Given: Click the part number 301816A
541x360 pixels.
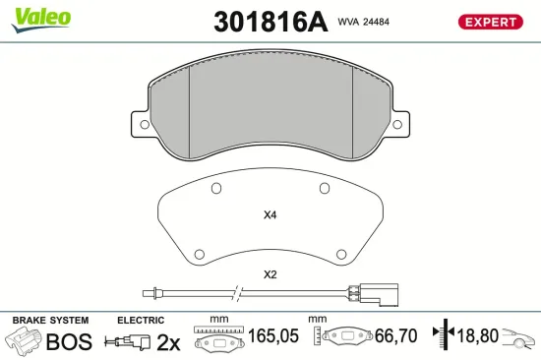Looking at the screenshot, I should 270,22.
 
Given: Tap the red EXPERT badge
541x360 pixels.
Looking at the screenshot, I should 490,22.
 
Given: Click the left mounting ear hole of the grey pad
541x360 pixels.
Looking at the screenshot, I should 145,125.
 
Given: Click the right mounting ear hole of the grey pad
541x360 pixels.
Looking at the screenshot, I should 396,125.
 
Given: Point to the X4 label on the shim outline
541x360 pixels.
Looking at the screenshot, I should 270,215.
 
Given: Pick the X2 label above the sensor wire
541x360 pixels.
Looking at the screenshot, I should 270,274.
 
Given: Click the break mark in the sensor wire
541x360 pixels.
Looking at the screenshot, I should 235,293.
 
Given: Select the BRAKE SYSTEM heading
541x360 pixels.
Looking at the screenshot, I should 50,321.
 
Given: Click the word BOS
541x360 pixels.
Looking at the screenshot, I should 71,341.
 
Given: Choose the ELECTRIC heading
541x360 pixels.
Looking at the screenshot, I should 141,321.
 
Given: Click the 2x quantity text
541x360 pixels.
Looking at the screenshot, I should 168,341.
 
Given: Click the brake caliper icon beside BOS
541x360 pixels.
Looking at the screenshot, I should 26,341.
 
